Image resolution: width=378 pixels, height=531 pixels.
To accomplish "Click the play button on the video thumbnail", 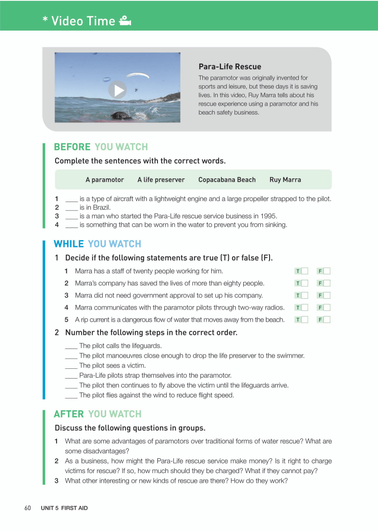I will click(x=118, y=90).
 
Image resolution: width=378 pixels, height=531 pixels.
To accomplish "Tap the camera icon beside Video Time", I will click(x=125, y=21).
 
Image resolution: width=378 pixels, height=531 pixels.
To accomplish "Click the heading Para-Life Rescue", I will click(x=230, y=67).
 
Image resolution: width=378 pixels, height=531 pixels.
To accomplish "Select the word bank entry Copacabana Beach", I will click(x=227, y=180).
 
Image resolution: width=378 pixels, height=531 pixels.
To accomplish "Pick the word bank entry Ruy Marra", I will click(x=285, y=180).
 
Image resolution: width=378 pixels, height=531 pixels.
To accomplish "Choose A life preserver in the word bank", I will click(x=161, y=180).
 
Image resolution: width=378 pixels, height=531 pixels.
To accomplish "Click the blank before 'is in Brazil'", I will click(x=71, y=208).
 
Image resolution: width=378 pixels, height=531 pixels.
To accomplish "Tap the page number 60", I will click(x=27, y=508).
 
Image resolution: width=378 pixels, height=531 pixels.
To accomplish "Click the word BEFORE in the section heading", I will click(x=72, y=147).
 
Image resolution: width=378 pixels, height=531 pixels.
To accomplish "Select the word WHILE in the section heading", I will click(x=69, y=244).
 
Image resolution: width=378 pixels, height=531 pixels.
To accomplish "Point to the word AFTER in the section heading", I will click(x=69, y=414).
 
